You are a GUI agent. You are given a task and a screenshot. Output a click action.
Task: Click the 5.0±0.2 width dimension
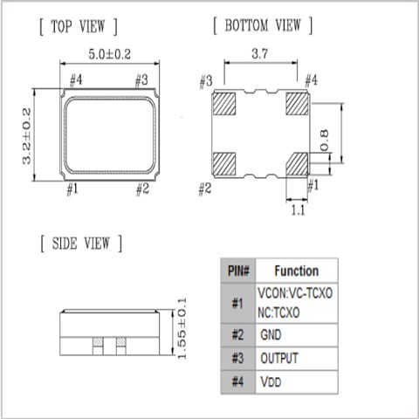pos(109,54)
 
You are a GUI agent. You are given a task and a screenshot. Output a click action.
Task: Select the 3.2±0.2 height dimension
pos(26,135)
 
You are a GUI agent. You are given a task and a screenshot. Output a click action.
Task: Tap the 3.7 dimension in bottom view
pos(259,53)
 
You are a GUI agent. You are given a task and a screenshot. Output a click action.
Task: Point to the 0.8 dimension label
pos(324,141)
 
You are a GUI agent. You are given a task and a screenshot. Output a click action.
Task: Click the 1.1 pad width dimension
pos(299,209)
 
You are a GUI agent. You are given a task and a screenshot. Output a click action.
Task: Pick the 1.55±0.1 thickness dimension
pos(182,328)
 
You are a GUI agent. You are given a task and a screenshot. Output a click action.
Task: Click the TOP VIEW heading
pos(79,26)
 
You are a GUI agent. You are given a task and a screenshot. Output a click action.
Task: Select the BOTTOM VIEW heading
pos(263,25)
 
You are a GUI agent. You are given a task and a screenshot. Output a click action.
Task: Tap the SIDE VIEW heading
pos(81,244)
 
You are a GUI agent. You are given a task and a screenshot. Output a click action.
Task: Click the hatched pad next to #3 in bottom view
pos(224,104)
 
